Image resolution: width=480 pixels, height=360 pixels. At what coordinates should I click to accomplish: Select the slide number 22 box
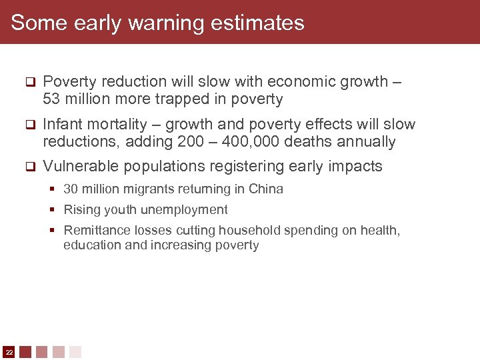(9, 351)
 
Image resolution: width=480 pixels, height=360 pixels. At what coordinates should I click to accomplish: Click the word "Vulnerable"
(81, 166)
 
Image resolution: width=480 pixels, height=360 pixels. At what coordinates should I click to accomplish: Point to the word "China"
(265, 189)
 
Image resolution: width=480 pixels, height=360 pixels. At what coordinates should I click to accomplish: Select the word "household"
(239, 231)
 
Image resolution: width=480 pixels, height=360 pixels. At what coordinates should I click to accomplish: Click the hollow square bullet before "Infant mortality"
(29, 125)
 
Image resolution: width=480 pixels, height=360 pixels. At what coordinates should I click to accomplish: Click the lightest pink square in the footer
(75, 351)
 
